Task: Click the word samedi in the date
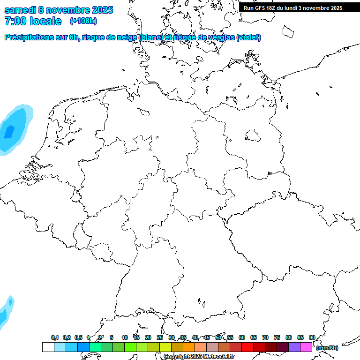pos(20,10)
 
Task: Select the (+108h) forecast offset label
pos(83,21)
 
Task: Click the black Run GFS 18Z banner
pos(293,8)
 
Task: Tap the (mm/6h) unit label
pos(327,348)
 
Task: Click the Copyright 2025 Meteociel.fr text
pos(199,357)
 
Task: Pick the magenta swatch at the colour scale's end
pos(306,347)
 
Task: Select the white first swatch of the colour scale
pos(48,347)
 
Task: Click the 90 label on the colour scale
pos(312,337)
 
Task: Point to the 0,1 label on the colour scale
pos(54,337)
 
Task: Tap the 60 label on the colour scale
pos(242,337)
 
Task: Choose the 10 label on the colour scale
pos(125,337)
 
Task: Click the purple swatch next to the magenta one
pos(294,347)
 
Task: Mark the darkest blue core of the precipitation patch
pos(8,132)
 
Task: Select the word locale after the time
pos(45,21)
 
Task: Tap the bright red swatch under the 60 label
pos(247,347)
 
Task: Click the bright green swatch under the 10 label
pos(130,347)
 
